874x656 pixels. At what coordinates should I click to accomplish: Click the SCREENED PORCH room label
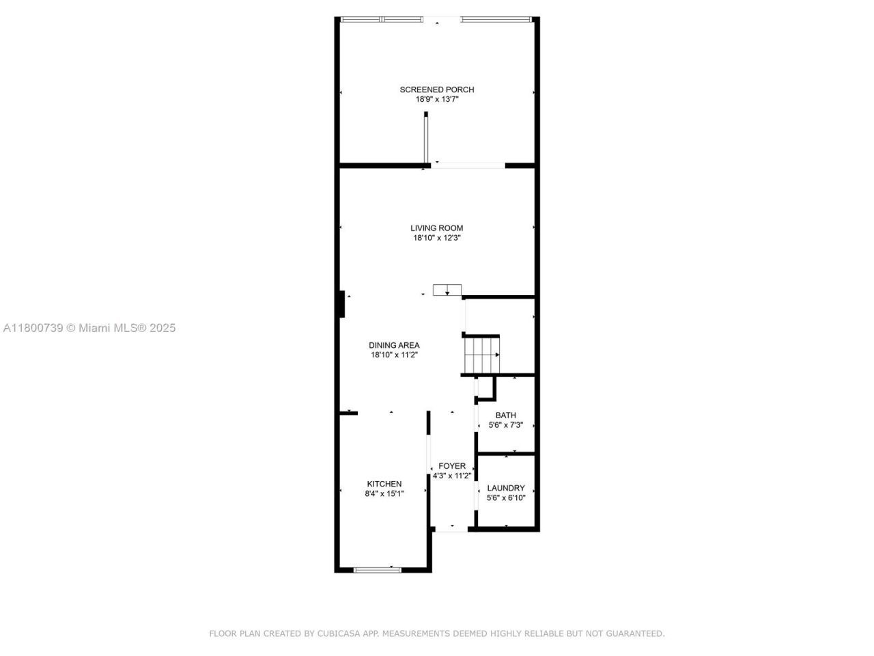[437, 90]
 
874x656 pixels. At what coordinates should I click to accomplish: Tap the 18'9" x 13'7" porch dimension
[437, 99]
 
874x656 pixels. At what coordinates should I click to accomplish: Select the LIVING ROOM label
[437, 228]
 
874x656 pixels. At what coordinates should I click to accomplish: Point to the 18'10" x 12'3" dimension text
[437, 238]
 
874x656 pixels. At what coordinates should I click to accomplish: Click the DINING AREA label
[394, 345]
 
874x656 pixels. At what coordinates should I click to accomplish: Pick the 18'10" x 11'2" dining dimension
[394, 355]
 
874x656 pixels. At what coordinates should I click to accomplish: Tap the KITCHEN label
[384, 484]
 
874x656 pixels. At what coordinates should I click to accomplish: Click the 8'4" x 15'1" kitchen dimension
[384, 493]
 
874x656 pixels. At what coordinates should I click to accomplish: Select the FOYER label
[452, 466]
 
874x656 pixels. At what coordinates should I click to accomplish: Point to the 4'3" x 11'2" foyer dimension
[452, 476]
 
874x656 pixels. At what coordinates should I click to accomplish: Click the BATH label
[506, 415]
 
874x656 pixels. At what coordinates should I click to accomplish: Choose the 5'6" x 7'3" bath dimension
[506, 424]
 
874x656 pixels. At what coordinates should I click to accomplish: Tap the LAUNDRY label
[506, 488]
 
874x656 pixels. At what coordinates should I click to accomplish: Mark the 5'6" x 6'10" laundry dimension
[506, 497]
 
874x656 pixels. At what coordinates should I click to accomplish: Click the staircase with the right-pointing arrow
[482, 355]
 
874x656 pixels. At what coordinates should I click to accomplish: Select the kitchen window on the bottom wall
[378, 569]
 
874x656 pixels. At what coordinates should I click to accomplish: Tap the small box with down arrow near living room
[447, 290]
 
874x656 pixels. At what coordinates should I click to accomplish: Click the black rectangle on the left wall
[341, 304]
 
